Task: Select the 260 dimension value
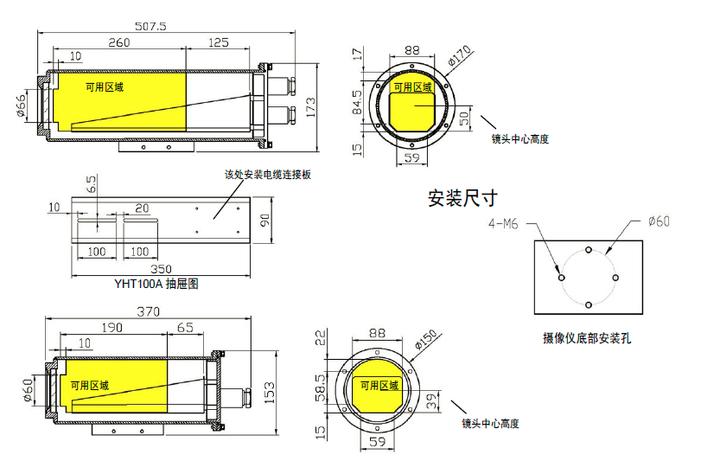(x=119, y=42)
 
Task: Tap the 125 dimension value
(x=219, y=42)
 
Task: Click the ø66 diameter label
(x=21, y=106)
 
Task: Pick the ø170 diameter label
(x=460, y=57)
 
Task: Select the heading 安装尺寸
(x=462, y=198)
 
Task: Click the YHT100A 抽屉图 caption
(x=156, y=283)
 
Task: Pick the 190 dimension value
(x=112, y=328)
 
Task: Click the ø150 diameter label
(x=428, y=339)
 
